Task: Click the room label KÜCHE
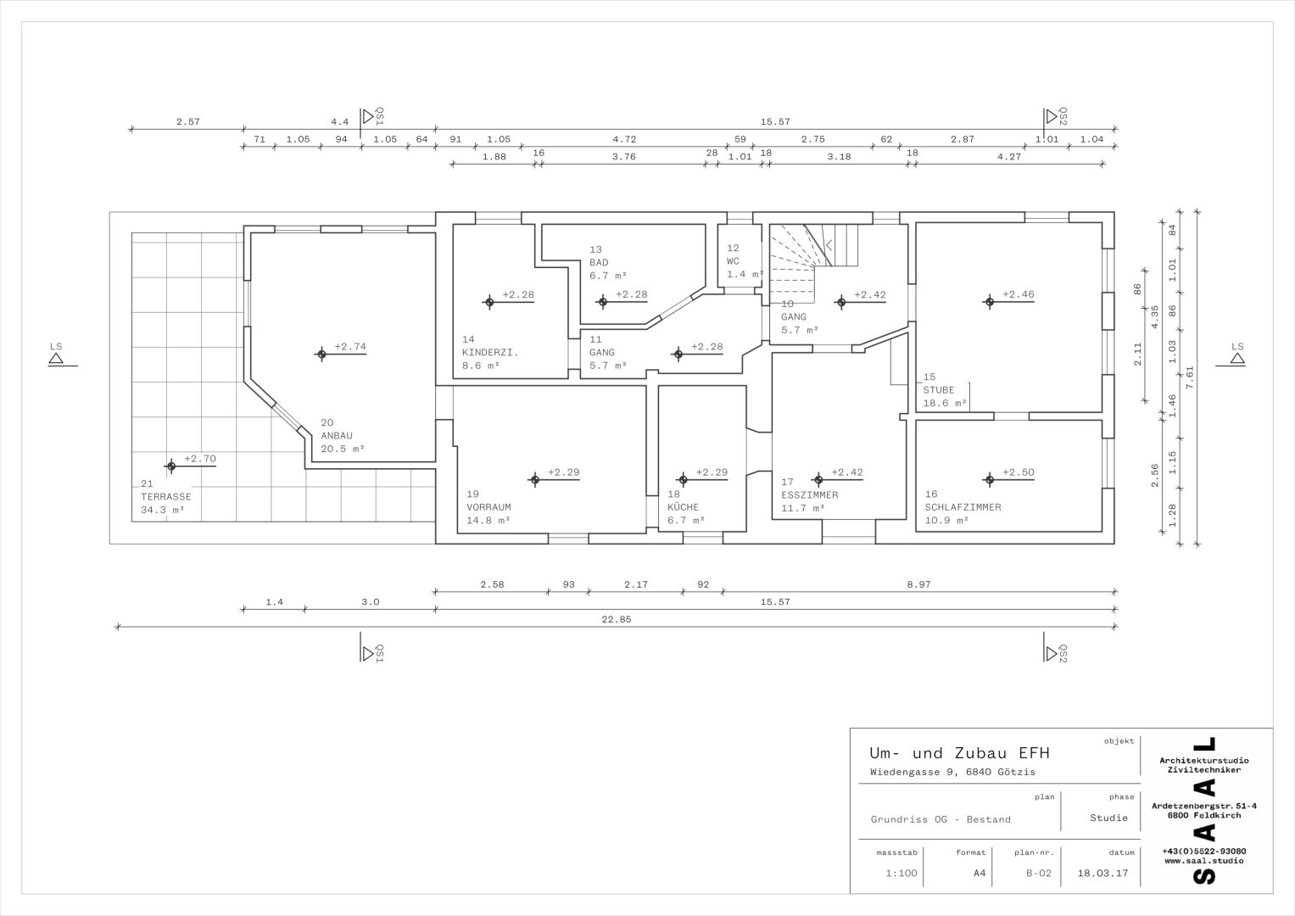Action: click(683, 507)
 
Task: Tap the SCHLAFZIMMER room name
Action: click(963, 507)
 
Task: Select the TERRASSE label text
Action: click(166, 497)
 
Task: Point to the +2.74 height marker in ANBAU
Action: click(350, 346)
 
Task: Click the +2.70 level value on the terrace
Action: click(200, 459)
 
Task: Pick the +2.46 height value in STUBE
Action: click(1018, 294)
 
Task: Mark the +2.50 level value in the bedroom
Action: click(1018, 472)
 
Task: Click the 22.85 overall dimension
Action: click(617, 619)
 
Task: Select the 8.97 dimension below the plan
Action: click(918, 584)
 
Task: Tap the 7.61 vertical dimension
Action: click(1189, 377)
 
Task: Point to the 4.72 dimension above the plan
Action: click(624, 139)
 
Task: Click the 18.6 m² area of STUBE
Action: click(945, 403)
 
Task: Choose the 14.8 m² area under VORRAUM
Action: click(488, 521)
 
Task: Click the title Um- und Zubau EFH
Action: click(959, 753)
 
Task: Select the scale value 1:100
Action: click(901, 874)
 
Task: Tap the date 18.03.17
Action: click(1102, 874)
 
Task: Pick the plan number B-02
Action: click(1038, 874)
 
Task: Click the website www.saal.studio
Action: click(1203, 861)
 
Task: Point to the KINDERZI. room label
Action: click(489, 352)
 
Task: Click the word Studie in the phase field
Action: click(1108, 818)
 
